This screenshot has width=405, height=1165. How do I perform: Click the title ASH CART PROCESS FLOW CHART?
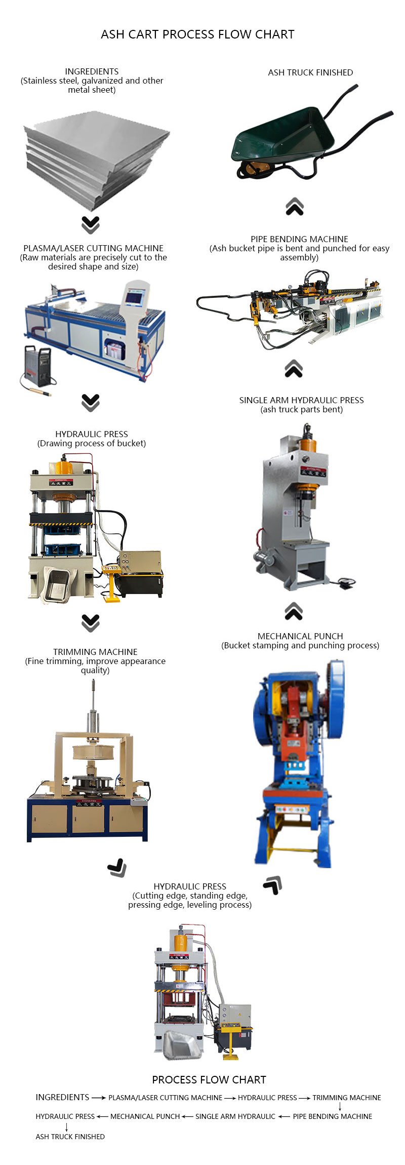click(197, 34)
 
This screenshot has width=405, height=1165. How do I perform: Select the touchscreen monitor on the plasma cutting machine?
click(134, 296)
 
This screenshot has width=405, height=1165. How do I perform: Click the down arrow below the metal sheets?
click(91, 225)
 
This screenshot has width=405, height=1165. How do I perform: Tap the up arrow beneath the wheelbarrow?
click(294, 207)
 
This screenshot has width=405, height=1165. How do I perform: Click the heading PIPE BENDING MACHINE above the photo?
click(299, 239)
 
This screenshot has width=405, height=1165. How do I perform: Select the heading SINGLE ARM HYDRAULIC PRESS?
click(301, 400)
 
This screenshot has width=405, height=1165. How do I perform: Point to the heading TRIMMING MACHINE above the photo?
click(95, 652)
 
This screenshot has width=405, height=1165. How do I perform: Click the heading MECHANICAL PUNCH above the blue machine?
click(300, 636)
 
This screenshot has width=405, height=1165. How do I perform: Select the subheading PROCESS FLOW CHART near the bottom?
click(209, 1080)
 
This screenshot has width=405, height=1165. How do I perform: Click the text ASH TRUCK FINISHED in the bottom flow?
click(70, 1137)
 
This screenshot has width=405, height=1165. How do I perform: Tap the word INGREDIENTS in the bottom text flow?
click(62, 1097)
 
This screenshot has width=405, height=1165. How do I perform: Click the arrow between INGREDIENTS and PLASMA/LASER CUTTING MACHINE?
click(98, 1098)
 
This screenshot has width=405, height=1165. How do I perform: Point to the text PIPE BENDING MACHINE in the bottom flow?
click(332, 1116)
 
